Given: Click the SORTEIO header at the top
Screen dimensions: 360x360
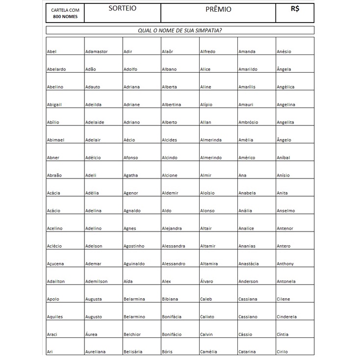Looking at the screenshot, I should tap(122, 9).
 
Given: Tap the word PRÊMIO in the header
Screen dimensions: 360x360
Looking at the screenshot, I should tap(218, 9).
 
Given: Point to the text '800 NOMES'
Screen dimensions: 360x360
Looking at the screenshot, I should tap(65, 17).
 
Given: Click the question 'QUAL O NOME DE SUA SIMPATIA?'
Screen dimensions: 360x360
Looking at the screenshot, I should tap(180, 30).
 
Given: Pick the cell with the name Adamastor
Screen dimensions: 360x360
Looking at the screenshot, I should tap(96, 51).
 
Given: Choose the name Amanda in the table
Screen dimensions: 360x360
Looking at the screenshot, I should tap(247, 51).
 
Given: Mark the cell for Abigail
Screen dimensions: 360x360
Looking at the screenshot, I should tap(54, 104).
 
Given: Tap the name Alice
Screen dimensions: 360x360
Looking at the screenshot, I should tap(205, 69).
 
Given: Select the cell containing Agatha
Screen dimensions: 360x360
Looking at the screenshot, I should tap(130, 175).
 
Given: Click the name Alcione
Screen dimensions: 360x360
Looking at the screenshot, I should tap(170, 175).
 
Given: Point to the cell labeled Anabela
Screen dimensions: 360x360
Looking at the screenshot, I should tap(247, 193).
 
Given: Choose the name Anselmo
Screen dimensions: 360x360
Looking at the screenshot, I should tap(285, 210).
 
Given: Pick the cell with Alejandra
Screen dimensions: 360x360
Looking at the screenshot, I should tap(172, 228).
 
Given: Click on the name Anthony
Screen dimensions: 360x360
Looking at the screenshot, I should tap(285, 263).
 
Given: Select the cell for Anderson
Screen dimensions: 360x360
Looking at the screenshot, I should tap(248, 281).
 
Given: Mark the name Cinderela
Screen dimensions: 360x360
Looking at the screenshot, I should tap(286, 316).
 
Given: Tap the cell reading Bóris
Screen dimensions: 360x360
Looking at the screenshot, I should tap(167, 352).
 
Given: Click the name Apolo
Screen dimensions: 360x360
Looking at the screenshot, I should tap(52, 299).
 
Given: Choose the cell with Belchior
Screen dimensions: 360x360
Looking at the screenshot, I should tap(132, 334).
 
